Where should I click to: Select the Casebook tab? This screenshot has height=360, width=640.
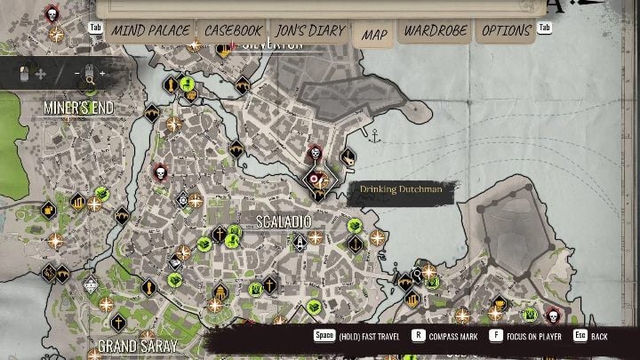tap(233, 31)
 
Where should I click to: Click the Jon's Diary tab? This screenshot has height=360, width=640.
tap(310, 31)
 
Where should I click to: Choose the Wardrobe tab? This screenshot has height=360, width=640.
tap(436, 31)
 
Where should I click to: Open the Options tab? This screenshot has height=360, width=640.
tap(506, 31)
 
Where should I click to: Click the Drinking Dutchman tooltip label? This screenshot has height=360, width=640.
tap(401, 189)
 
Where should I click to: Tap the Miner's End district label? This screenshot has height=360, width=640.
tap(79, 108)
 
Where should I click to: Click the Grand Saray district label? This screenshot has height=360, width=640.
tap(137, 345)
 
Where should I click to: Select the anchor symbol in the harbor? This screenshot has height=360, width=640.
tap(376, 136)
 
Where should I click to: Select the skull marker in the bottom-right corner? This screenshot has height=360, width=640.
tap(552, 314)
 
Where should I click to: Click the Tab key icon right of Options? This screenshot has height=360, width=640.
tap(544, 28)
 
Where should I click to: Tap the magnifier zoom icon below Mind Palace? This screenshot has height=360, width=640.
tap(90, 82)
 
